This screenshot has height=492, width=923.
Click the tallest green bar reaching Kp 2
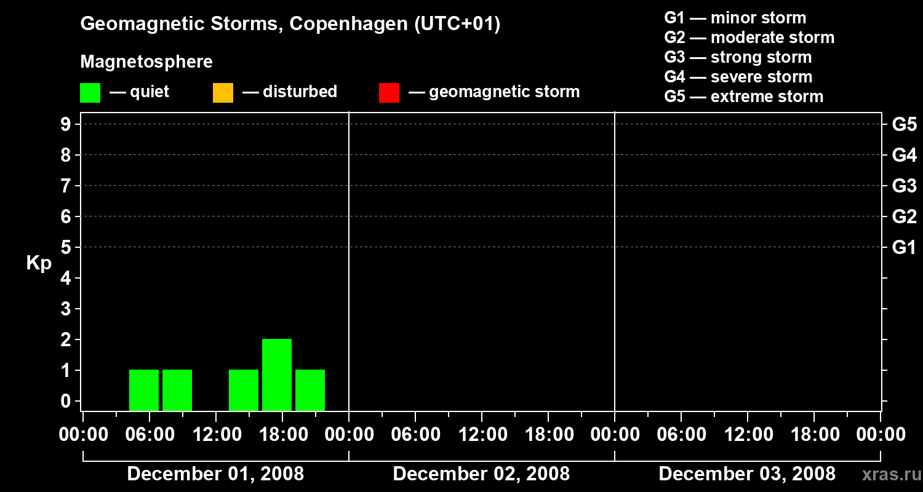(277, 375)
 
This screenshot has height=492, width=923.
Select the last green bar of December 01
(310, 390)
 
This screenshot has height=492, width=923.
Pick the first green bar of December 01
(144, 390)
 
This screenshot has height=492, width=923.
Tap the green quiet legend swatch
(90, 92)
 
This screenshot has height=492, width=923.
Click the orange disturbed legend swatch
(223, 92)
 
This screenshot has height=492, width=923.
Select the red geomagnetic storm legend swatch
(389, 92)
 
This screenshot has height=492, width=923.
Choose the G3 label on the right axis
(904, 186)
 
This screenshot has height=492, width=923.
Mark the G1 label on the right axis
(904, 248)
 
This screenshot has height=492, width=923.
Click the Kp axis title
(39, 263)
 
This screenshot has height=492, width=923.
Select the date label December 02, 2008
(481, 474)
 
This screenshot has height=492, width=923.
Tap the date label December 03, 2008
(747, 474)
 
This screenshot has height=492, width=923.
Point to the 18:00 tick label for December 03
(813, 435)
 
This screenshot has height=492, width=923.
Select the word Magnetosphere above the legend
(146, 62)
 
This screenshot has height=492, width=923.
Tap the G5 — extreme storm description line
(743, 97)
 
